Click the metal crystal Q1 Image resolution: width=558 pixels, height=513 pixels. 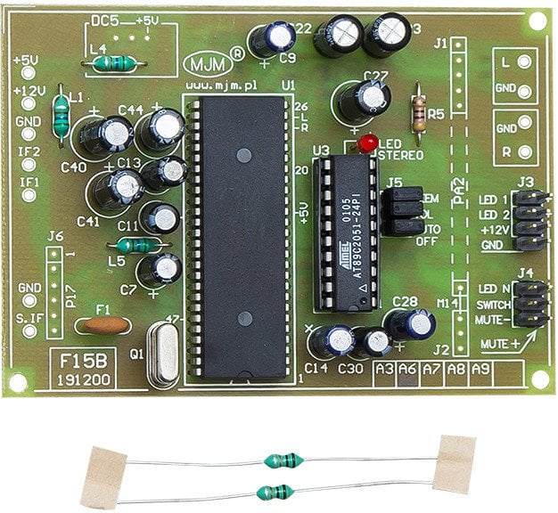tap(163, 354)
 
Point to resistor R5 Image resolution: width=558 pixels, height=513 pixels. tap(417, 114)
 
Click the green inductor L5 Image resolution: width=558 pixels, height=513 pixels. tap(135, 245)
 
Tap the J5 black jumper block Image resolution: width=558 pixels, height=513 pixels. tap(402, 211)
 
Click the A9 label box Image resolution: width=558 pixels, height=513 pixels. tap(480, 368)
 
